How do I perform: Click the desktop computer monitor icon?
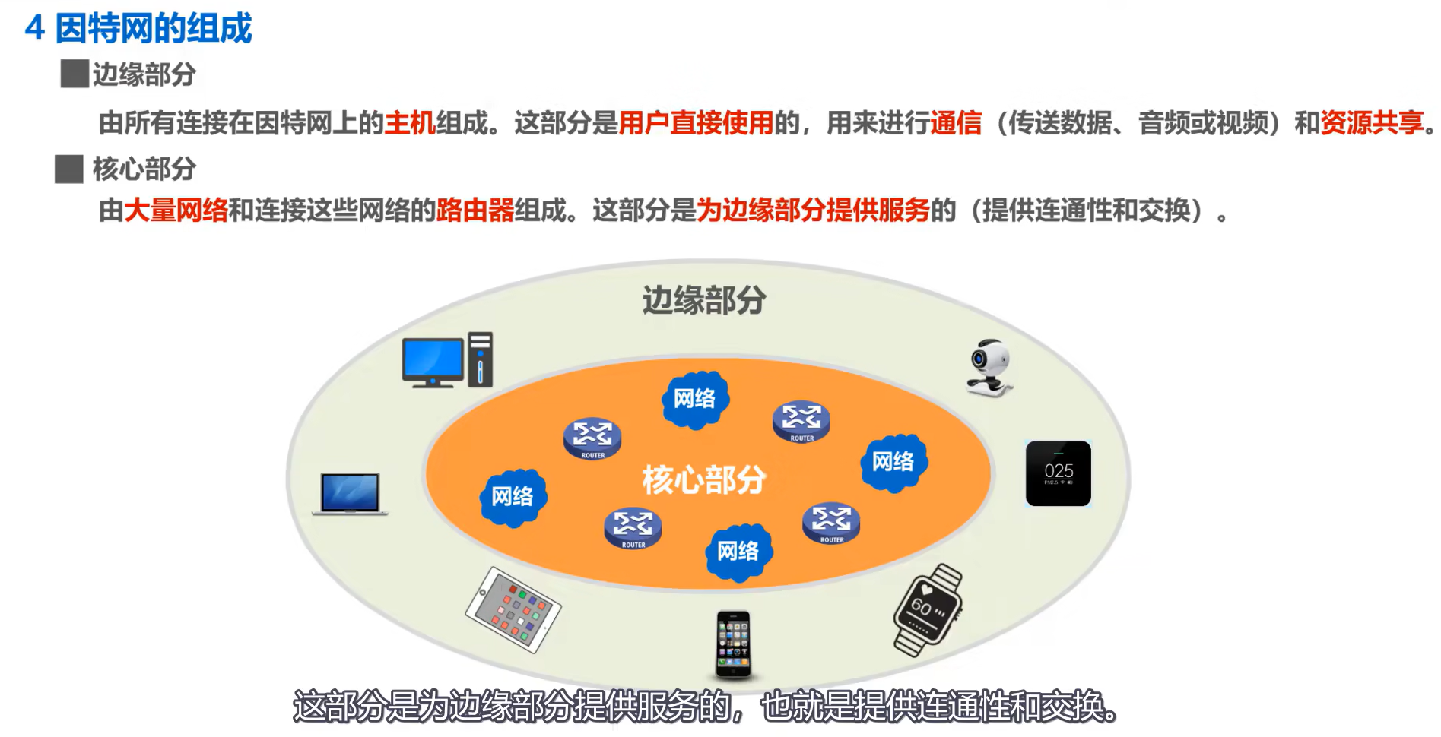coord(433,360)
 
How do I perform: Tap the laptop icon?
coord(350,494)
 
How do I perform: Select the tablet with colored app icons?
coord(513,609)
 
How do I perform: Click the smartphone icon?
coord(734,644)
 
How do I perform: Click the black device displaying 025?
coord(1059,473)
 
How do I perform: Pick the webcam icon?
coord(989,368)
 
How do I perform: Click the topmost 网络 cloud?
coord(695,399)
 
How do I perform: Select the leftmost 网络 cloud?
coord(513,497)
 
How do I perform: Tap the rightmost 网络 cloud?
coord(893,462)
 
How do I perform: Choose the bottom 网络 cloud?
coord(738,552)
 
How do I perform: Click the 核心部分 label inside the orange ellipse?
coord(704,479)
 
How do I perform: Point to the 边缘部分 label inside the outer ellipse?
coord(704,300)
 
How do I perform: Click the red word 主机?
coord(410,122)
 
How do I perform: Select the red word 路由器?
coord(475,210)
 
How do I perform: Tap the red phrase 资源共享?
coord(1372,122)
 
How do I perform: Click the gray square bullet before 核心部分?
coord(69,169)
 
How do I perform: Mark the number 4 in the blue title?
coord(34,29)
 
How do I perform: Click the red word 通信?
coord(956,122)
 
